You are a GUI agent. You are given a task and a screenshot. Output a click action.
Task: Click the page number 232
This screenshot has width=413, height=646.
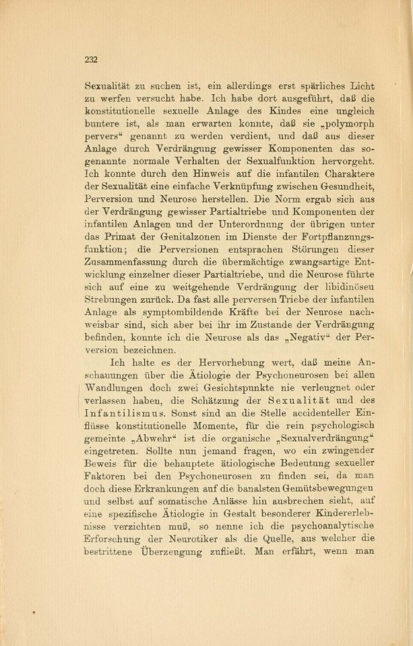point(92,59)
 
